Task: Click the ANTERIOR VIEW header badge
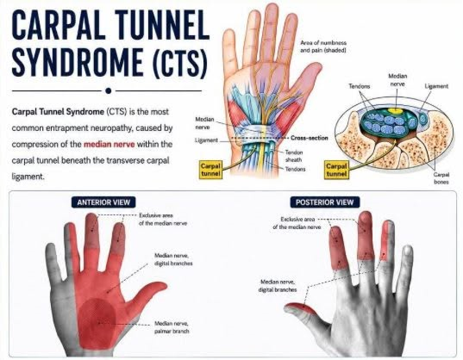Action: tap(104, 202)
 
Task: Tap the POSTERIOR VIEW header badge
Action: tap(325, 202)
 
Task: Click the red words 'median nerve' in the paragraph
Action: tap(109, 144)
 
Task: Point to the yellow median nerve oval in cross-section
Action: tap(395, 111)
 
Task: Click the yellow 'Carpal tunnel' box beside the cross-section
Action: tap(336, 170)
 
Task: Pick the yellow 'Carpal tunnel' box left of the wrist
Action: tap(211, 170)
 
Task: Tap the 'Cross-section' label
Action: tap(309, 138)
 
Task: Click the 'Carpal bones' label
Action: tap(442, 179)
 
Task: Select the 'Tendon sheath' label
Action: tap(294, 156)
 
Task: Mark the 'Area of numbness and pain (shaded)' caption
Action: tap(323, 47)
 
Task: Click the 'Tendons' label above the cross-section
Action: tap(359, 86)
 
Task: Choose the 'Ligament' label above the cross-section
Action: tap(437, 86)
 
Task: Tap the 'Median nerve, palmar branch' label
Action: tap(171, 327)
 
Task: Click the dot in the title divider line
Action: tap(109, 90)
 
